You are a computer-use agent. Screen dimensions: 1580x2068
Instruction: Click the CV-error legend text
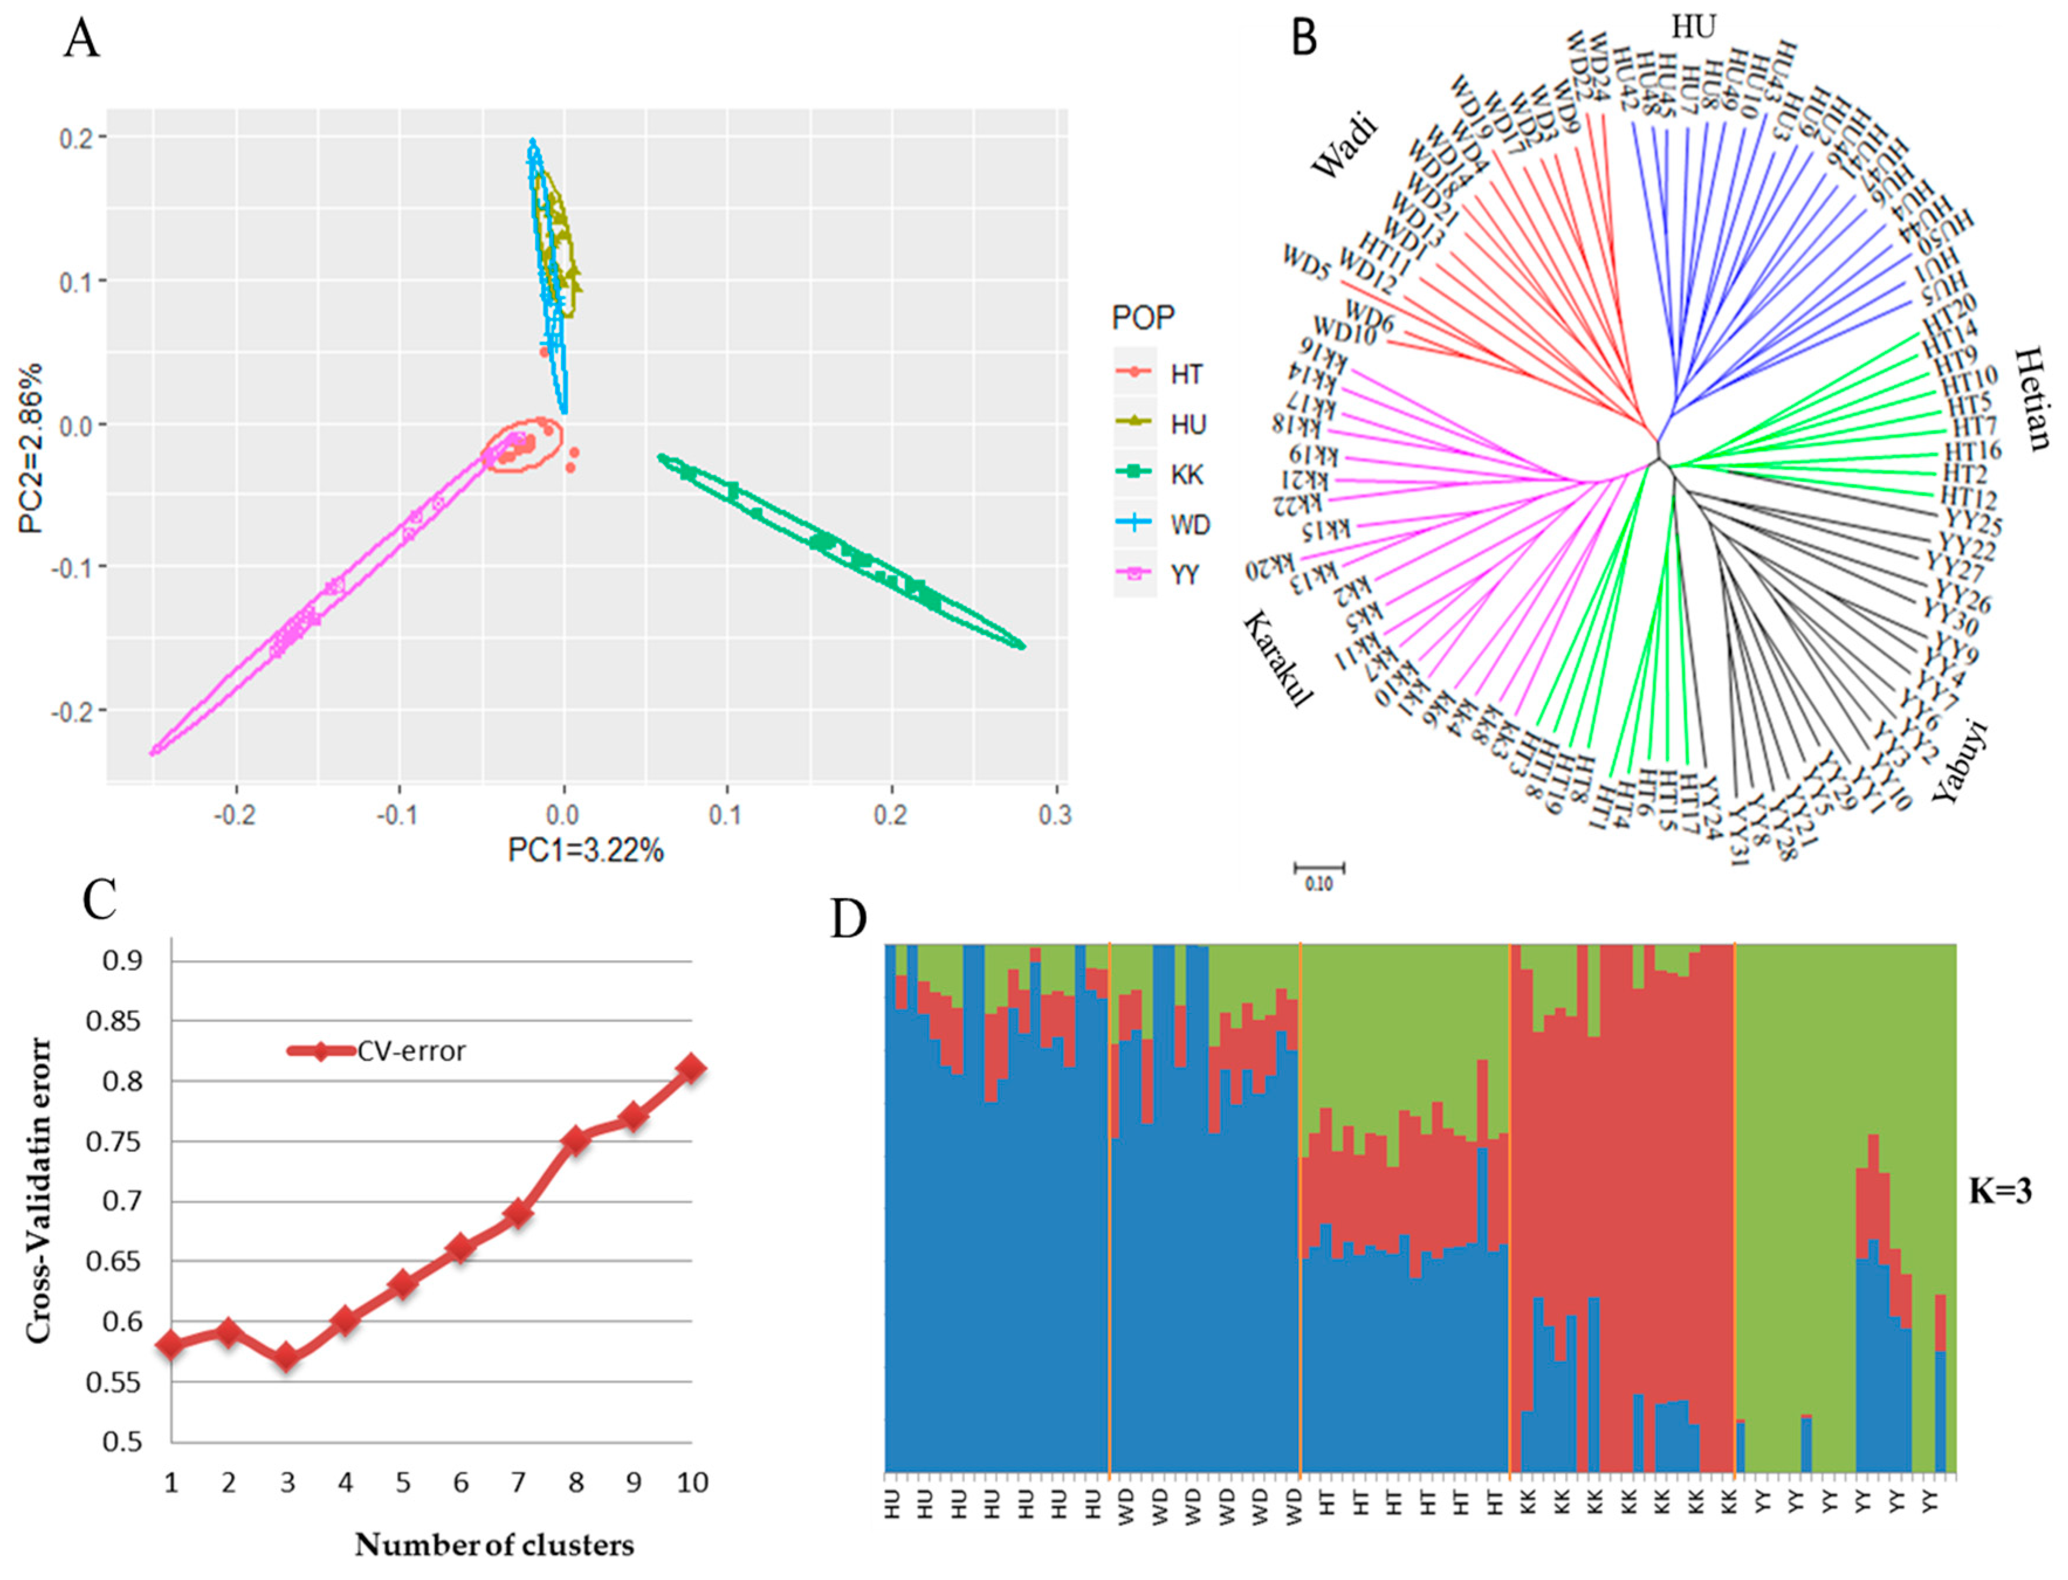tap(411, 1051)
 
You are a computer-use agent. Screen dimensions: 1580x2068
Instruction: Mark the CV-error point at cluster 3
tap(287, 1357)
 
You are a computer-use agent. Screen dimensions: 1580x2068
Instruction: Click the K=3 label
tap(2000, 1192)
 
